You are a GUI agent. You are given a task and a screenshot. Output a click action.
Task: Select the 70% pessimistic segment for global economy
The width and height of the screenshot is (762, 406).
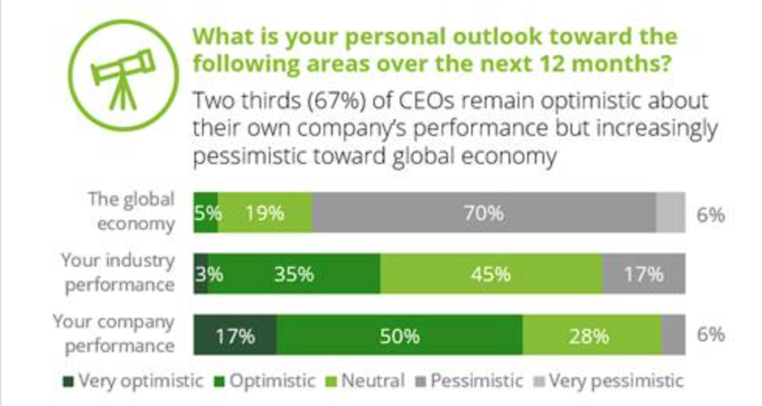pos(484,212)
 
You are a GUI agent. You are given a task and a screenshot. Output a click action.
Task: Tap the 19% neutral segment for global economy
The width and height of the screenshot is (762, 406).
pos(265,212)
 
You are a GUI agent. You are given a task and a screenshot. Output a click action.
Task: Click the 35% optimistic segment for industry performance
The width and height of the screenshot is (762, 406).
pos(294,274)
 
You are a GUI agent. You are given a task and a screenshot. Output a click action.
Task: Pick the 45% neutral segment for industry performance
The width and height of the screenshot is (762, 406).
pos(491,274)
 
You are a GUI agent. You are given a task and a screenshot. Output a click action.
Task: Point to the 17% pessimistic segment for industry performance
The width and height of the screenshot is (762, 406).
pos(644,274)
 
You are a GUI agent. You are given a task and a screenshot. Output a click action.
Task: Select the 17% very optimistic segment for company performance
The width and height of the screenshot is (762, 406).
pos(235,335)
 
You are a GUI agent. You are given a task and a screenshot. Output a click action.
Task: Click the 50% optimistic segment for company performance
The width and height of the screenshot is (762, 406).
pos(400,335)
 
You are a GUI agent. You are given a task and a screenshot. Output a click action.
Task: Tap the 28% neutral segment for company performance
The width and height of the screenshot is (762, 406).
pos(592,335)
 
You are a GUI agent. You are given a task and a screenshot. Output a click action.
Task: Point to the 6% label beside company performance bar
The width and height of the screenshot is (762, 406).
pos(710,335)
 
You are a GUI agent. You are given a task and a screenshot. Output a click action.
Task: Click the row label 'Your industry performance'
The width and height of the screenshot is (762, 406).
pos(119,272)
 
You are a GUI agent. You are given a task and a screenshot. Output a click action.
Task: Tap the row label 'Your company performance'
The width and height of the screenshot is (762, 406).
pos(114,334)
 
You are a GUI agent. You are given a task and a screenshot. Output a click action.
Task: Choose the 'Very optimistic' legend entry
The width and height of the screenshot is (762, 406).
pos(133,381)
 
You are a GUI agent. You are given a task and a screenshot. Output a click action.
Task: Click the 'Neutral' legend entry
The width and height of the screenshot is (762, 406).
pos(369,381)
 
